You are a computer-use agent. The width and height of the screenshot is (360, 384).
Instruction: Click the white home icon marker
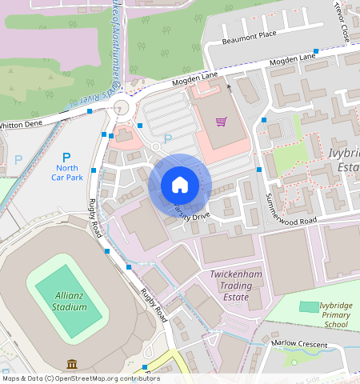(x=180, y=186)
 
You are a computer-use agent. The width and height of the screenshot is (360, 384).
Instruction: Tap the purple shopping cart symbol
(x=221, y=122)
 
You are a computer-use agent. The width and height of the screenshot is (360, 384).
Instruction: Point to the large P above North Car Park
(x=66, y=158)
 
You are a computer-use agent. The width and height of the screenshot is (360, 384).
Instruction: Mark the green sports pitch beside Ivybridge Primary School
(x=308, y=306)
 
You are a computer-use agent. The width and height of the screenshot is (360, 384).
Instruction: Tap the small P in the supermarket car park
(x=167, y=139)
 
